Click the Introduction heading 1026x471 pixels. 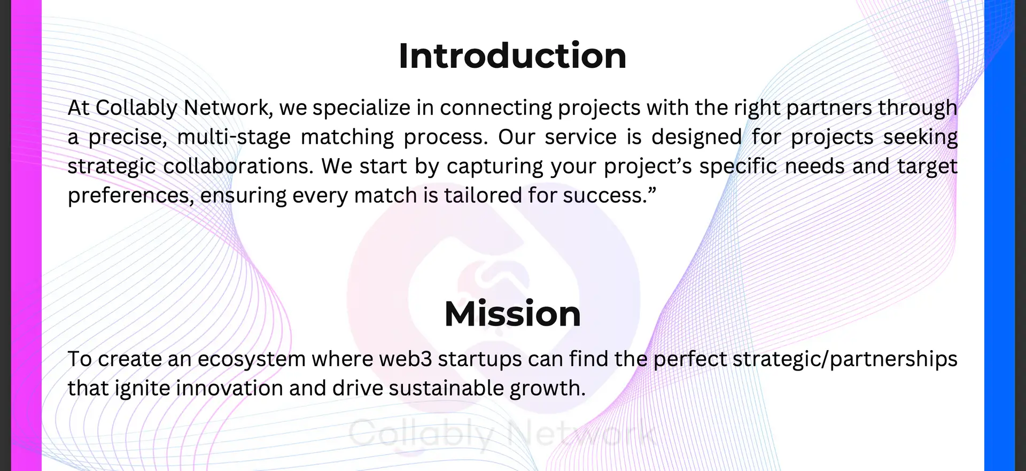[x=512, y=56]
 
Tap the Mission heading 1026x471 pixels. [x=512, y=313]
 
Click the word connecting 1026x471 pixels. [x=496, y=109]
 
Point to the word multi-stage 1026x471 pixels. [x=234, y=137]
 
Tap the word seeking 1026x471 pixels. [x=920, y=137]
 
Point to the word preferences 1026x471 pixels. [x=131, y=196]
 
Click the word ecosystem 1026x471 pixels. [x=252, y=359]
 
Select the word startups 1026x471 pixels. [x=480, y=359]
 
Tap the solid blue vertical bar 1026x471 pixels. [x=999, y=235]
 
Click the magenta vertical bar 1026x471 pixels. [x=26, y=235]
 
